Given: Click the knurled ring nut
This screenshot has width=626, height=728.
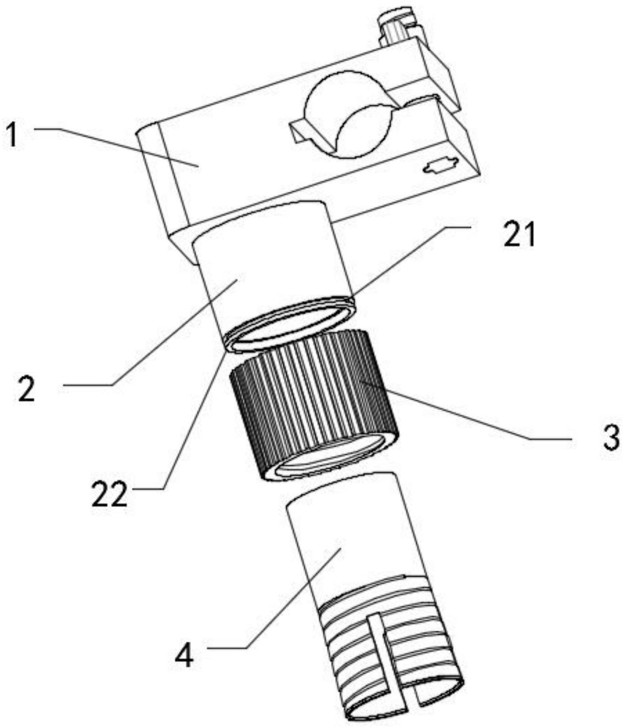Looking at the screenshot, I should [310, 390].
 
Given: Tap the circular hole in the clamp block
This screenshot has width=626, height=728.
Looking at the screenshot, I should [349, 120].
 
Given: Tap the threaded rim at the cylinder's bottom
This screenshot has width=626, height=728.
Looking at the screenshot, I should [292, 325].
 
